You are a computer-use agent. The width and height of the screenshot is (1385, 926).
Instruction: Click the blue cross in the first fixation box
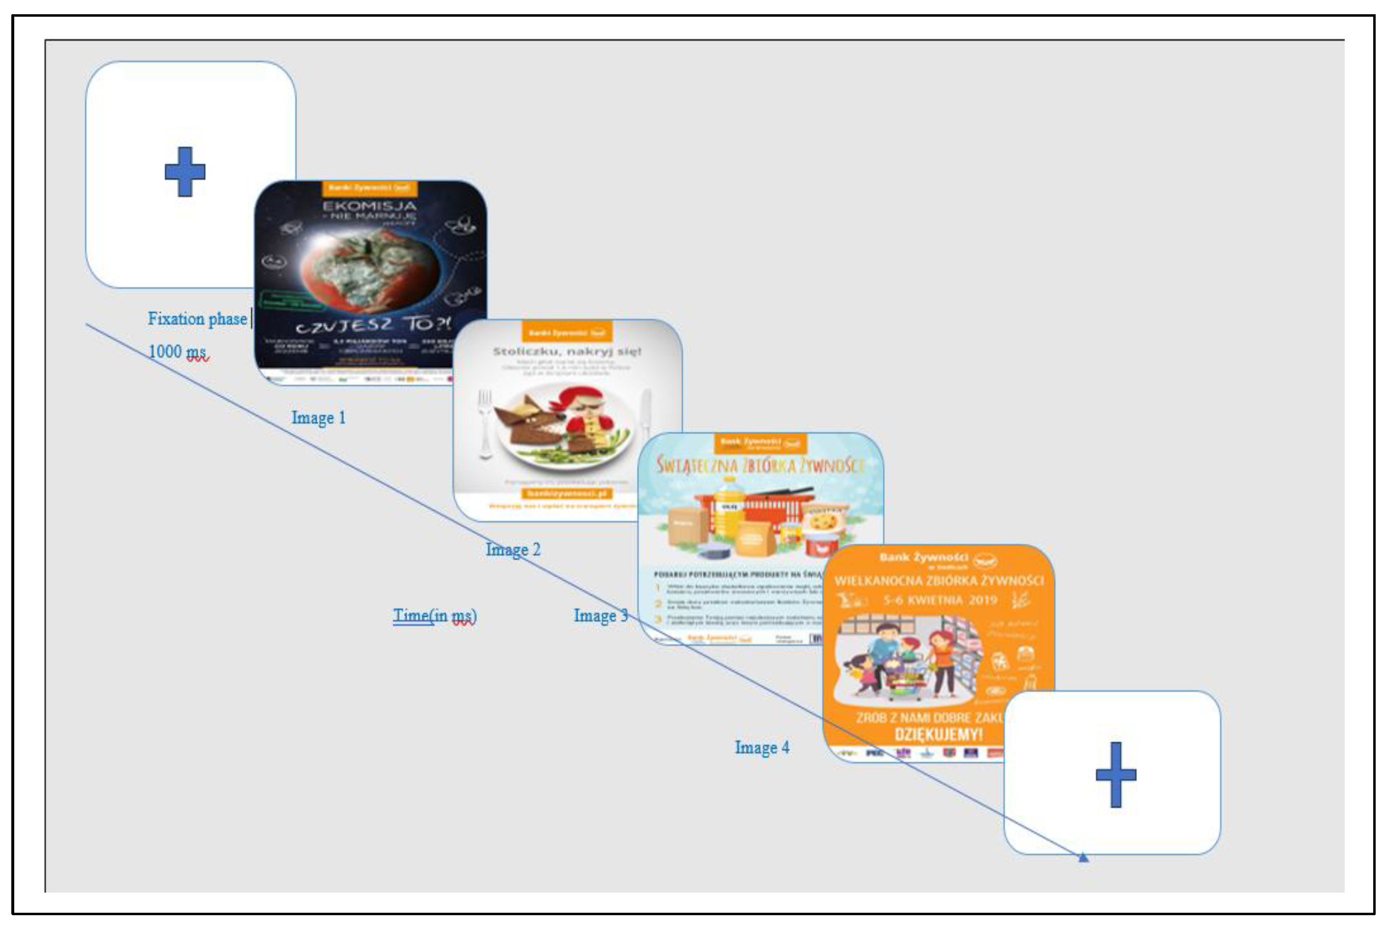(x=185, y=172)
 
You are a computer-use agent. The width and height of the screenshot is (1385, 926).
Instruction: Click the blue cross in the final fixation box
(x=1116, y=774)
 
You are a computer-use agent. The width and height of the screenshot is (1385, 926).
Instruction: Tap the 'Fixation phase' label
(x=198, y=319)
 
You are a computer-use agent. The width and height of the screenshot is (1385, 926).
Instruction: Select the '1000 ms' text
(x=178, y=352)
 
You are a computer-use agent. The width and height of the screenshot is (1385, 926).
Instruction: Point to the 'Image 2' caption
(x=513, y=550)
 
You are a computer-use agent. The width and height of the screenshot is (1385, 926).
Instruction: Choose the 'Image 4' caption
(x=762, y=748)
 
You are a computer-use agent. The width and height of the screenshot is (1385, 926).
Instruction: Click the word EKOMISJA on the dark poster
(x=369, y=206)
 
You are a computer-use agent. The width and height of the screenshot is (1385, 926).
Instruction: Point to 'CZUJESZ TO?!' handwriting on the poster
(x=372, y=324)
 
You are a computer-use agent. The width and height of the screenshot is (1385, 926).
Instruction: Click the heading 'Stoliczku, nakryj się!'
(x=566, y=352)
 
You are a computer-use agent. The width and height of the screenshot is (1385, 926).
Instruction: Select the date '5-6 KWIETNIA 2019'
(x=939, y=600)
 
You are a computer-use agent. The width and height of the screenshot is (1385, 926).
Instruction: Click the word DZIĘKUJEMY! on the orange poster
(x=938, y=735)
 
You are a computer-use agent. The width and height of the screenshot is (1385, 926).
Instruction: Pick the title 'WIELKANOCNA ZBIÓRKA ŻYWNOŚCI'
(x=938, y=580)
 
